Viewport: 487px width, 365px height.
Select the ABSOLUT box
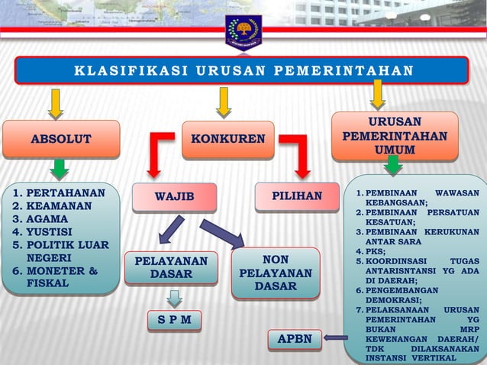[x=61, y=139]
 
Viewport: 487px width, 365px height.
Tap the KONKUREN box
[x=228, y=139]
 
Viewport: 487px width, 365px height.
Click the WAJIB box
[x=175, y=198]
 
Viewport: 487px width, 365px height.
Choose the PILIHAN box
[x=297, y=196]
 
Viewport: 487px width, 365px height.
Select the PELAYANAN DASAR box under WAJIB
[x=171, y=268]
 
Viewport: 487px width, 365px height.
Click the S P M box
[x=174, y=318]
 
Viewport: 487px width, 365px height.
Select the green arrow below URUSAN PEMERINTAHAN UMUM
[x=393, y=165]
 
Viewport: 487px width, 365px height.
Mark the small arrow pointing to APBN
[x=335, y=337]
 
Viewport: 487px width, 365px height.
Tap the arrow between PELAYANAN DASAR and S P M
[x=175, y=297]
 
